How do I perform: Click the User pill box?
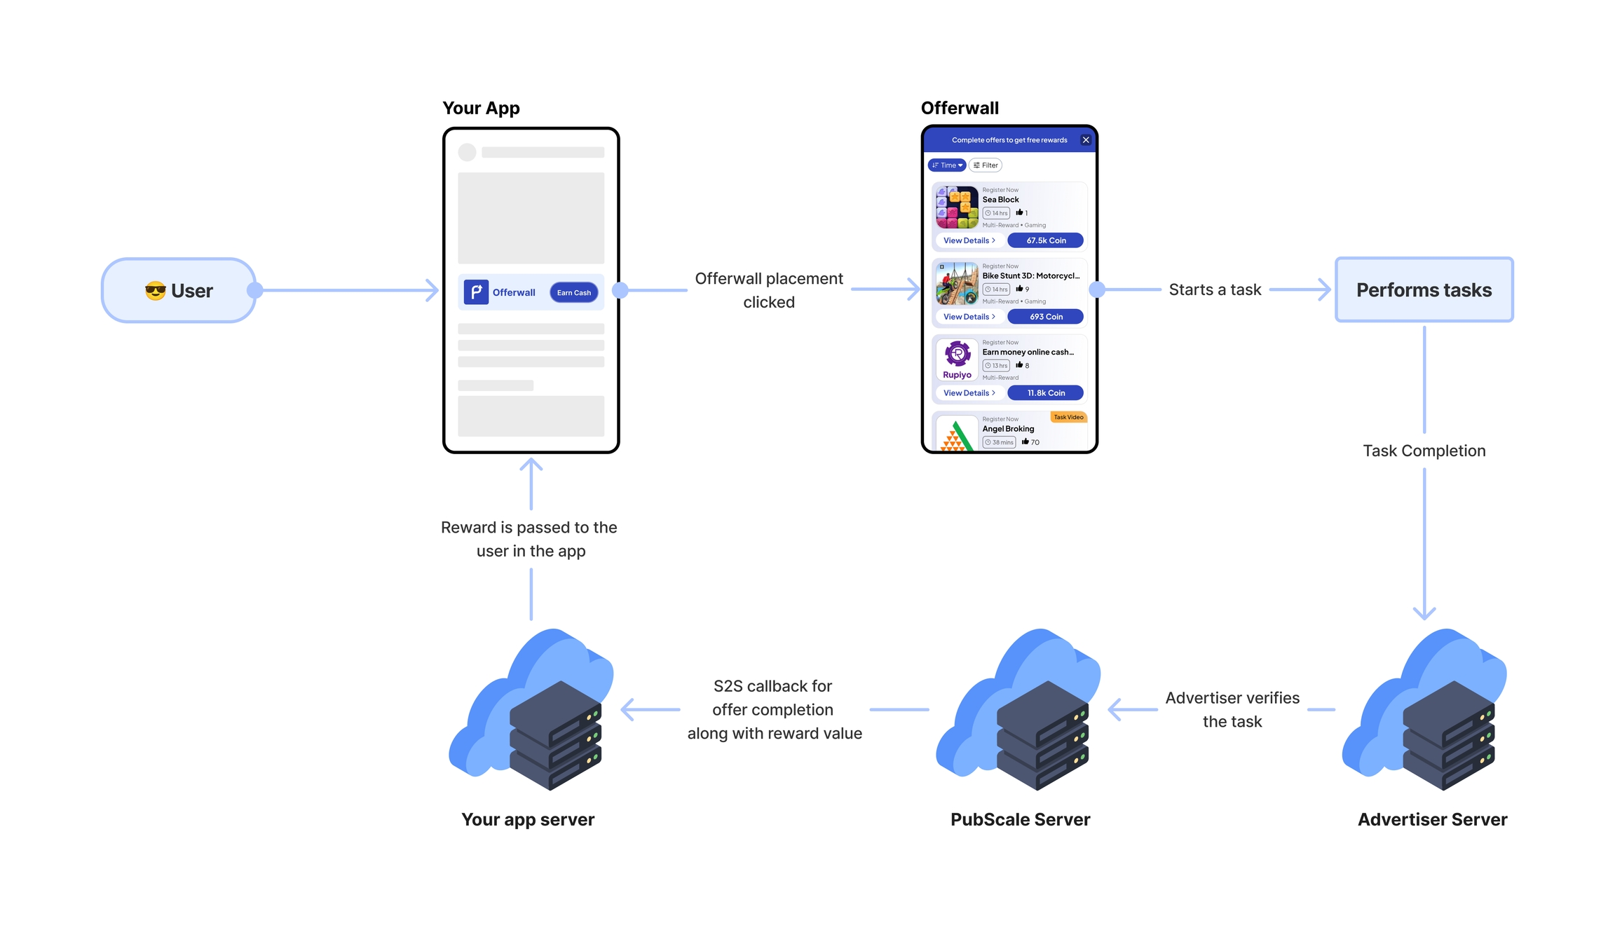click(x=179, y=290)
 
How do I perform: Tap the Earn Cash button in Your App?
click(x=573, y=292)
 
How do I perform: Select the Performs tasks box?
click(x=1424, y=289)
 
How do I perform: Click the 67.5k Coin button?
click(x=1045, y=240)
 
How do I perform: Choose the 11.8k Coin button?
click(x=1045, y=393)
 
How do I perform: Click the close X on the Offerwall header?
click(x=1086, y=140)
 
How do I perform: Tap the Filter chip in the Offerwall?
click(x=985, y=165)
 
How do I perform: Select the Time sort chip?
click(x=947, y=165)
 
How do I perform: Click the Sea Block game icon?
click(x=957, y=207)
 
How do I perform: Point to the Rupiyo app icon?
click(x=957, y=360)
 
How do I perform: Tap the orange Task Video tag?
click(x=1068, y=417)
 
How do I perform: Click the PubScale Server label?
click(x=1020, y=819)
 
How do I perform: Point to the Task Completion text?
click(x=1424, y=451)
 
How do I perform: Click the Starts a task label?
click(x=1215, y=289)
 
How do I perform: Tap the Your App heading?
click(x=481, y=108)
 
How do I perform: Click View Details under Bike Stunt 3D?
click(x=969, y=317)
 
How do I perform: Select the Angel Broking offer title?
click(x=1008, y=429)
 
